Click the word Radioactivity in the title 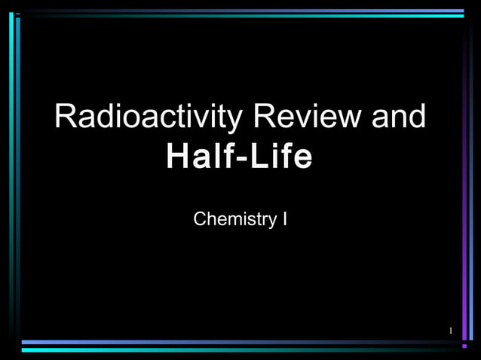click(x=149, y=117)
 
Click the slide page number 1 click(x=450, y=331)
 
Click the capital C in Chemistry click(x=200, y=219)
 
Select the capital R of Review click(x=265, y=117)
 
